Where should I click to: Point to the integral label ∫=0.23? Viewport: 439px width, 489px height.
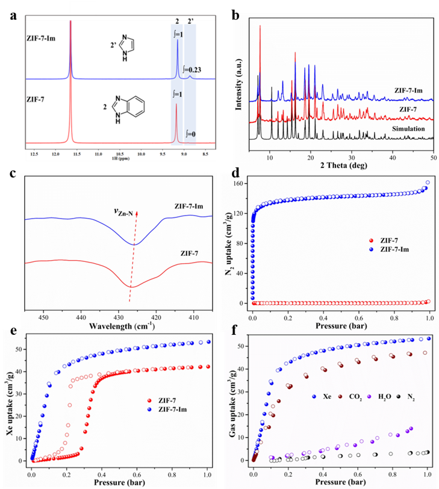click(x=191, y=69)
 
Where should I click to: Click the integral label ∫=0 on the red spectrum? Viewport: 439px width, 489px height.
click(x=190, y=134)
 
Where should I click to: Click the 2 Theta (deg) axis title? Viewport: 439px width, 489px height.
click(x=343, y=167)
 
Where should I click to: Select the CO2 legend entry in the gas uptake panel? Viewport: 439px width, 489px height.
click(x=346, y=398)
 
